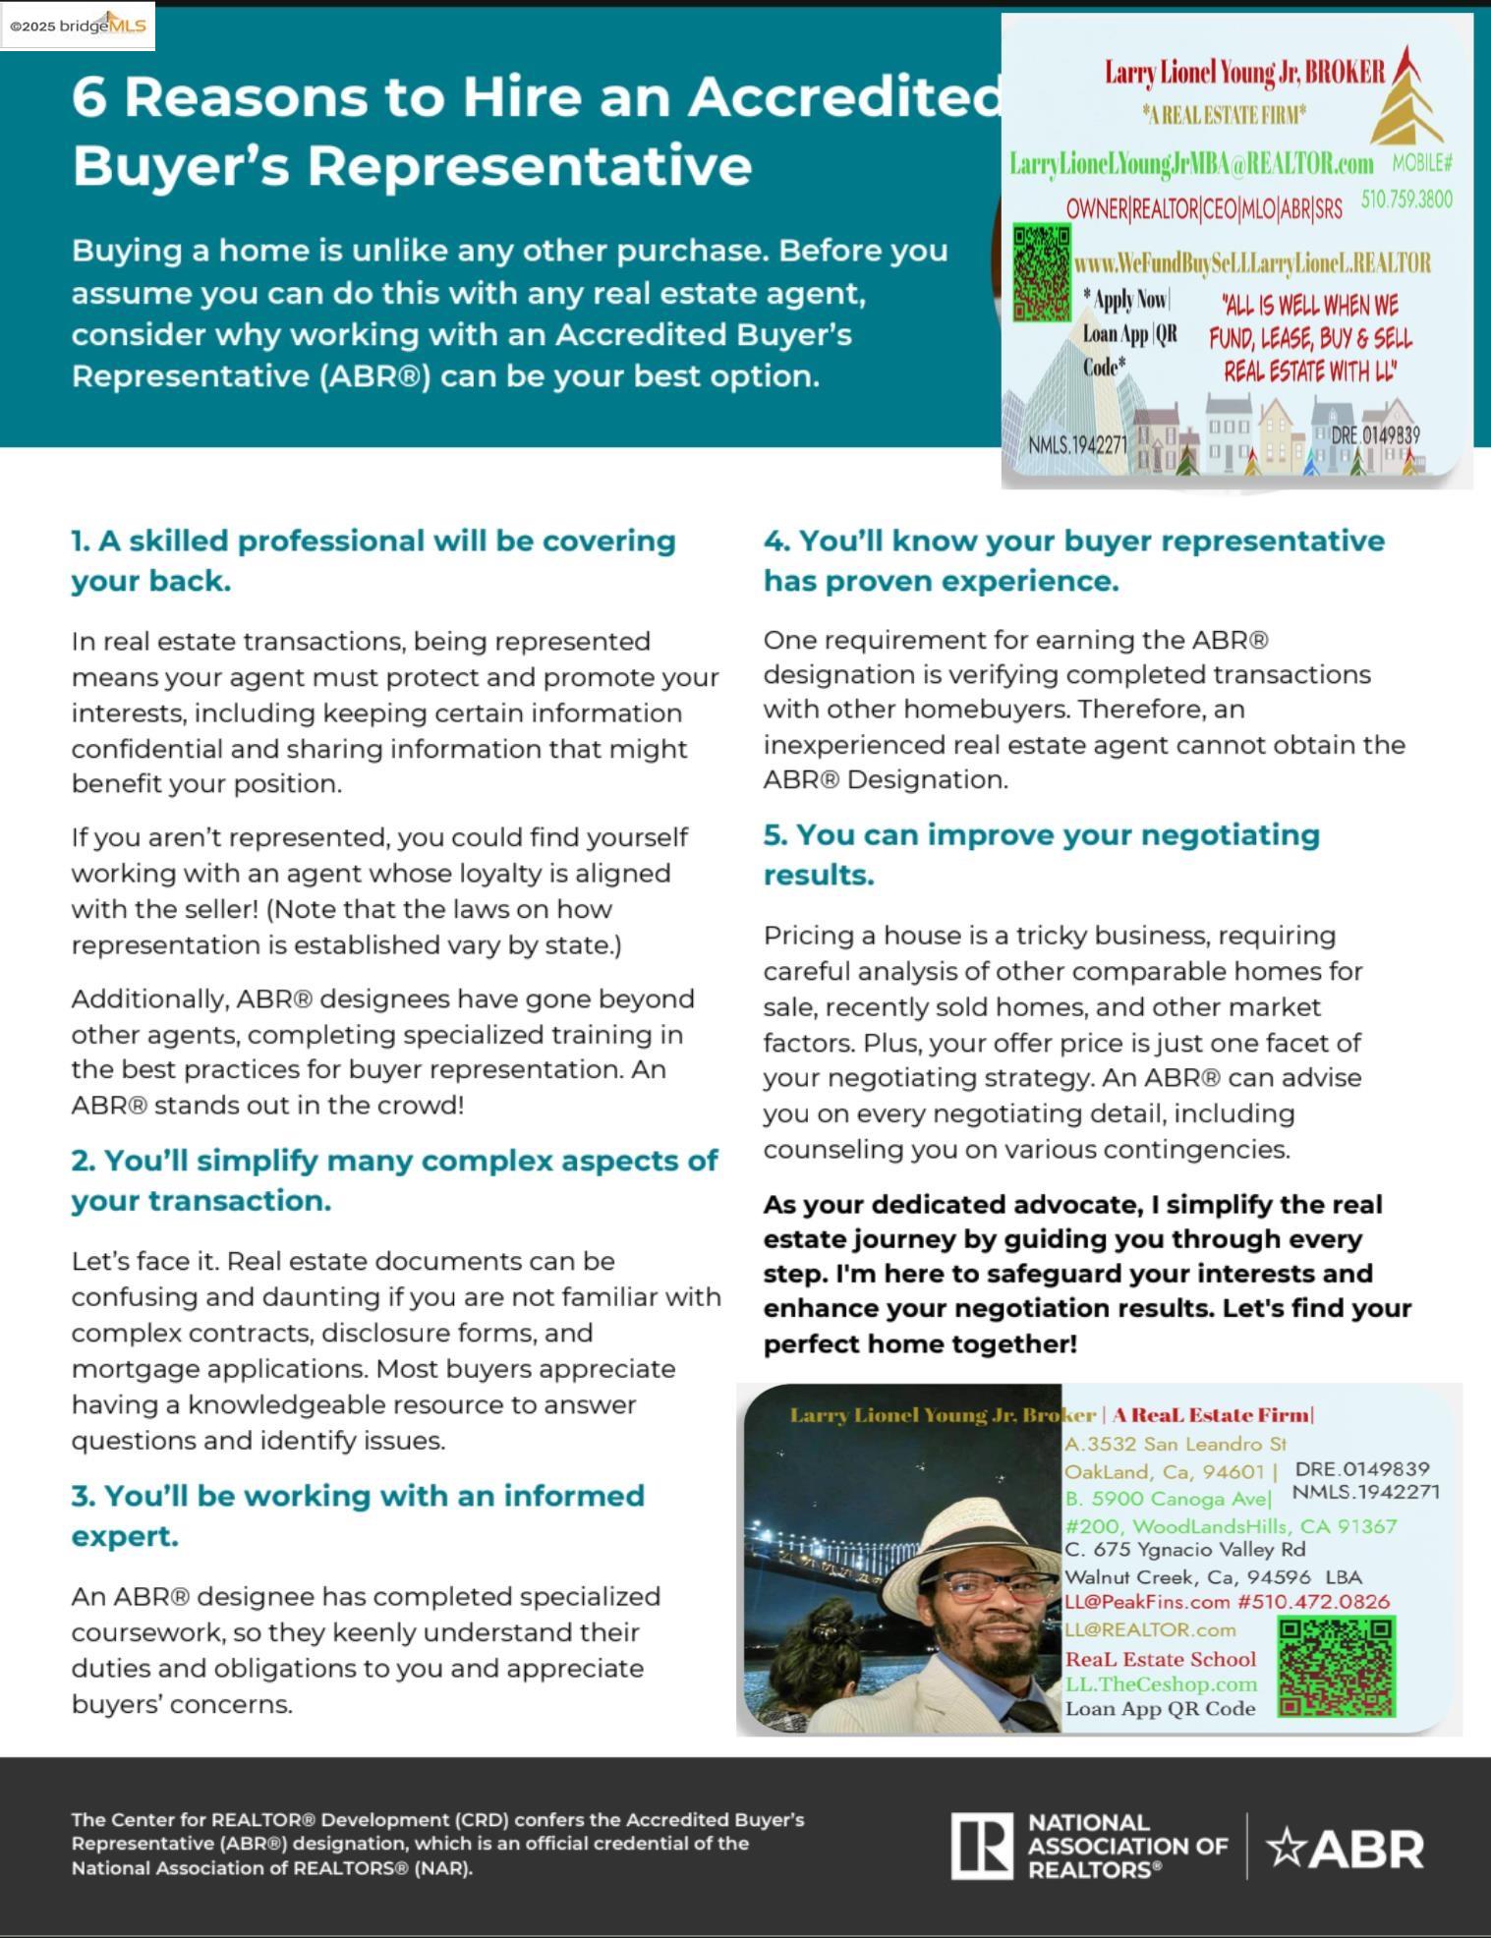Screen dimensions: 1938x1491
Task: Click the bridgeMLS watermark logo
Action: (79, 27)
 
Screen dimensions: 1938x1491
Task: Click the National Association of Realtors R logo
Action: (980, 1847)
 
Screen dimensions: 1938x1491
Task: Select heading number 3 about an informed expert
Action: (358, 1515)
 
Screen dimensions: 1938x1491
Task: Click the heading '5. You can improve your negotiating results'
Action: (1041, 854)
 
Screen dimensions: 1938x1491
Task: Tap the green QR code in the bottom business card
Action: (1336, 1667)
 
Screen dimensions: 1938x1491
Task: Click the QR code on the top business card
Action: (1042, 272)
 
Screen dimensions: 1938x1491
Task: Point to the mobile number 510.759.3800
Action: (1406, 199)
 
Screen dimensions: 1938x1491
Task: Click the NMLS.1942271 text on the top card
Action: (1077, 445)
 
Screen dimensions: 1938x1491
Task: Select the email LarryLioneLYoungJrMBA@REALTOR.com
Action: (1191, 164)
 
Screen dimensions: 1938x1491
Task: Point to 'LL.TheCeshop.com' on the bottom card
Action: (1161, 1683)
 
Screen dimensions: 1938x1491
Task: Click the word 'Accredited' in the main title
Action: (844, 96)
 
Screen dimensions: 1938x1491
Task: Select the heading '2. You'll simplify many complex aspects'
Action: (394, 1179)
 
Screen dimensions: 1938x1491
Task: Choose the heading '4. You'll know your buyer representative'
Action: (1073, 560)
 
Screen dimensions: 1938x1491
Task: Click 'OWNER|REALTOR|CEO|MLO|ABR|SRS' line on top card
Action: (1204, 209)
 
